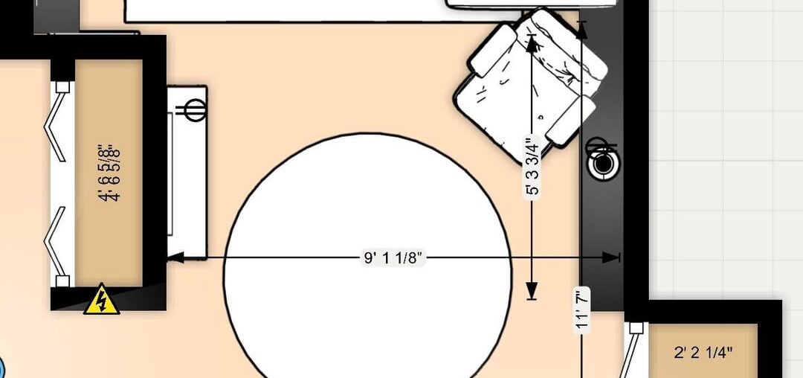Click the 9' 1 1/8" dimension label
(x=393, y=258)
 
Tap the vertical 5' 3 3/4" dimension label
(x=532, y=167)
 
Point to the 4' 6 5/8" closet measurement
(x=109, y=173)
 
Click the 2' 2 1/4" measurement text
(x=703, y=353)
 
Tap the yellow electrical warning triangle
(x=102, y=300)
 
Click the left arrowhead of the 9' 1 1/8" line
(x=175, y=257)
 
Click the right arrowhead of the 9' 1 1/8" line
(x=611, y=257)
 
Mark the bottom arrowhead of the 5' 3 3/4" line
(x=532, y=292)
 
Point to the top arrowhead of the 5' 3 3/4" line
(x=532, y=43)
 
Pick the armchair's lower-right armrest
(x=571, y=119)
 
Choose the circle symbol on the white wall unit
(x=194, y=110)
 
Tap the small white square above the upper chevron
(x=62, y=86)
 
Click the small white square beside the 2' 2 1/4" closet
(x=636, y=327)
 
